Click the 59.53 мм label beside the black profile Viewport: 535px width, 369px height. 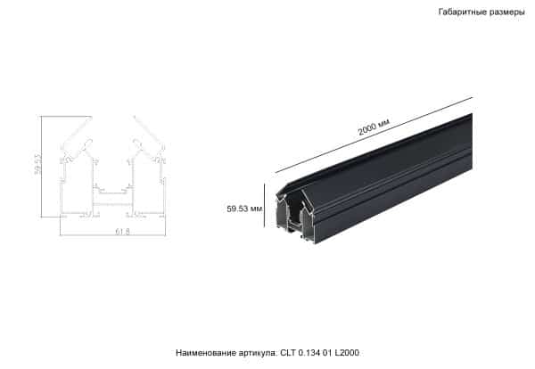pyautogui.click(x=244, y=208)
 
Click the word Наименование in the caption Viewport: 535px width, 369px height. pyautogui.click(x=204, y=354)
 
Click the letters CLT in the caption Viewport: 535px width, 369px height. pyautogui.click(x=289, y=354)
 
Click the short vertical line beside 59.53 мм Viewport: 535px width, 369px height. pyautogui.click(x=265, y=206)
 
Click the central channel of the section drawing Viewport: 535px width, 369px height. pyautogui.click(x=112, y=189)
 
